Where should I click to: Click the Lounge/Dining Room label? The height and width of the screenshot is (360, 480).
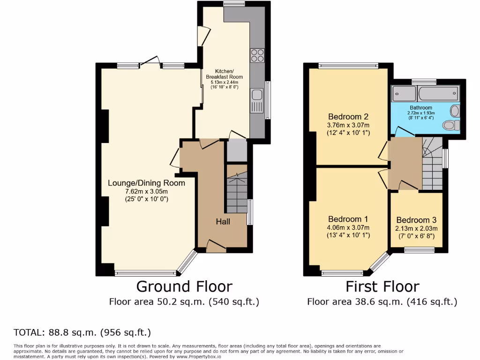pos(146,183)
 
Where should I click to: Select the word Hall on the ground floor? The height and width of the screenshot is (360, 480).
pos(223,221)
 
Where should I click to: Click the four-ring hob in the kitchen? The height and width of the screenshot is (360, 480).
pos(257,55)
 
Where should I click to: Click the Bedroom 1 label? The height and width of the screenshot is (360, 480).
pos(348,219)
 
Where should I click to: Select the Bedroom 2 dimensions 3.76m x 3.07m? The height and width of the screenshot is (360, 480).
pos(348,125)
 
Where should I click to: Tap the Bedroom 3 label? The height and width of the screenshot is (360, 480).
pos(416,220)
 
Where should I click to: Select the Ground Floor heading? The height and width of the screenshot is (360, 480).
pos(184,286)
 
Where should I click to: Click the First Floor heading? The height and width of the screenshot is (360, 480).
pos(382,286)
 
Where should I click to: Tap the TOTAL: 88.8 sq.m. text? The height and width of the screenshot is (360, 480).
pos(82,333)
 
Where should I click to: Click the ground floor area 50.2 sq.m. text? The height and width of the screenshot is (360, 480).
pos(184,301)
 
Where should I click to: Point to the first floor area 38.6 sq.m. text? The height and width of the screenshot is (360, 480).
pos(382,301)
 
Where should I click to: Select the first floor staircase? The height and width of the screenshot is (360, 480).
pos(432,164)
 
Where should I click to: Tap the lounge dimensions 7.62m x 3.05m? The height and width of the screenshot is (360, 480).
pos(146,191)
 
